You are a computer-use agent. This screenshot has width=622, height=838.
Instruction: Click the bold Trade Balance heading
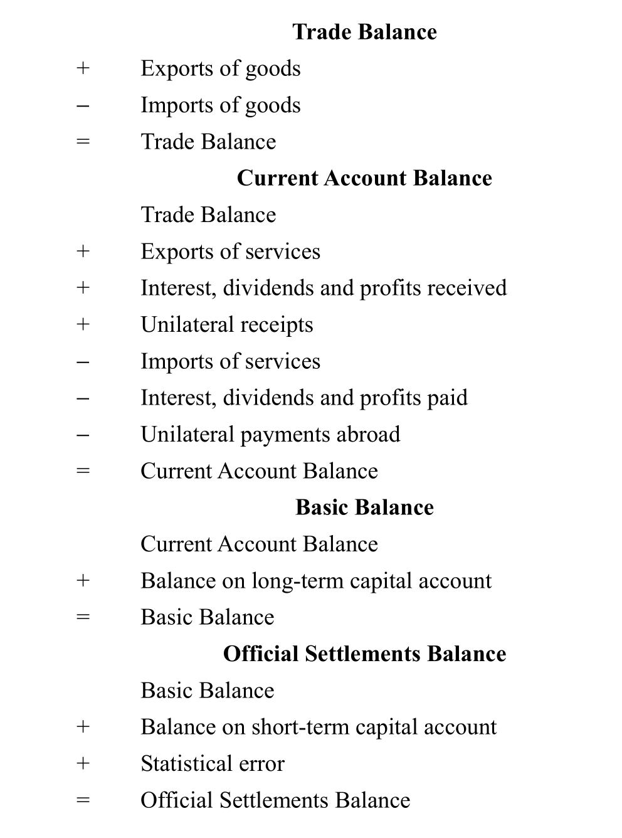tap(364, 32)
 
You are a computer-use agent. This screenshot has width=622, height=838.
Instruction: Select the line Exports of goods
tap(220, 68)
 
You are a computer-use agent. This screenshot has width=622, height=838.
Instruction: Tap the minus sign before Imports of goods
tap(83, 105)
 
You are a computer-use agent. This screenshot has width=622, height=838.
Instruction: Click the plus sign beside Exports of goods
tap(83, 68)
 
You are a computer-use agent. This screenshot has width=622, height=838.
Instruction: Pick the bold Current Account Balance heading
tap(364, 178)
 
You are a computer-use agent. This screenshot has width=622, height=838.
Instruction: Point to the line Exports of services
tap(230, 252)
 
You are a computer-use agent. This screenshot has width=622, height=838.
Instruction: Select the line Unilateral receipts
tap(226, 325)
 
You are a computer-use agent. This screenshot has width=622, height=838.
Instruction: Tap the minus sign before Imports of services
tap(83, 361)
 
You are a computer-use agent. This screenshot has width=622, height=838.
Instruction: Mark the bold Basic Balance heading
tap(364, 507)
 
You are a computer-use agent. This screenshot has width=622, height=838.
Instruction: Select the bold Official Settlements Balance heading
tap(364, 654)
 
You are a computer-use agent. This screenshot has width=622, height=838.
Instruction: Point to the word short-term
tap(300, 727)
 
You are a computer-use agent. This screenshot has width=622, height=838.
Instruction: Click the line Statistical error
tap(212, 763)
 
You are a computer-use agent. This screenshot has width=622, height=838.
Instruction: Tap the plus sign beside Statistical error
tap(83, 763)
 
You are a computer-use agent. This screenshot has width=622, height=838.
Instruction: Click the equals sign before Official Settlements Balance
tap(83, 800)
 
